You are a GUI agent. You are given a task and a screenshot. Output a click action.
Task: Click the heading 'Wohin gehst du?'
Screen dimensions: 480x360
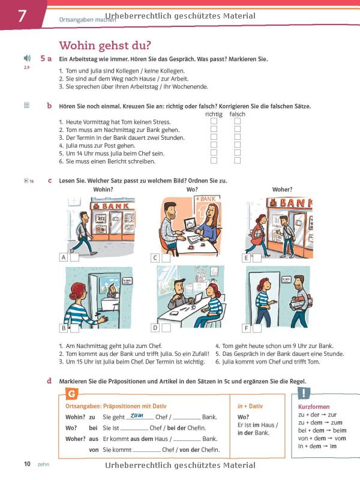click(104, 45)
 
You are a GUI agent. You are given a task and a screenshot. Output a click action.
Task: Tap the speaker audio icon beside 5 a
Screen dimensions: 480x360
click(26, 58)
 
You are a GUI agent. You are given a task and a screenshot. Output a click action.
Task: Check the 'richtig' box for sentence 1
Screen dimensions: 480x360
click(214, 121)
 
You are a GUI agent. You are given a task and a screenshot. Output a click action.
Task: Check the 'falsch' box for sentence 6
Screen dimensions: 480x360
click(237, 160)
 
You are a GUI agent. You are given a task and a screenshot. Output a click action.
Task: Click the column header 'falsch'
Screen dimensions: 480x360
click(237, 114)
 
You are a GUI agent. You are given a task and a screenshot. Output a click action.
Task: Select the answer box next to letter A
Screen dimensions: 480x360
click(74, 257)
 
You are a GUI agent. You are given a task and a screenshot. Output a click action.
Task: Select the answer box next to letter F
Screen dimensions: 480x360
click(257, 328)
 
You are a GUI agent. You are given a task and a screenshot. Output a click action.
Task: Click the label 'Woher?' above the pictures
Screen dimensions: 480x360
click(282, 190)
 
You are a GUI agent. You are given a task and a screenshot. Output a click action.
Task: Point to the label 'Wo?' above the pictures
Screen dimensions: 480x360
click(192, 190)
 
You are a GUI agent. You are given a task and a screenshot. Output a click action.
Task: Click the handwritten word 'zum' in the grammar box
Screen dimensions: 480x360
click(137, 415)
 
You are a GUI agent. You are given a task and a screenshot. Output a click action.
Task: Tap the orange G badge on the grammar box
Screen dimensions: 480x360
click(71, 394)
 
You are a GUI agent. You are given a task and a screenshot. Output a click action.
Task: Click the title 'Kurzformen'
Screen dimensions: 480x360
click(314, 406)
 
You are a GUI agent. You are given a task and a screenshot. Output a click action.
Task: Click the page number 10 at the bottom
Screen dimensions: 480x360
click(27, 464)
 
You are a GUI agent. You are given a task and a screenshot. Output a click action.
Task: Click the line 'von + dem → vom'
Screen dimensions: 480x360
click(322, 437)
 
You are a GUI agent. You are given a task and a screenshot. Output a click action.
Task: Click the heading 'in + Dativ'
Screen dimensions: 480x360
click(250, 406)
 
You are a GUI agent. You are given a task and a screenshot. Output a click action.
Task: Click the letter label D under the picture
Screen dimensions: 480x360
click(155, 328)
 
